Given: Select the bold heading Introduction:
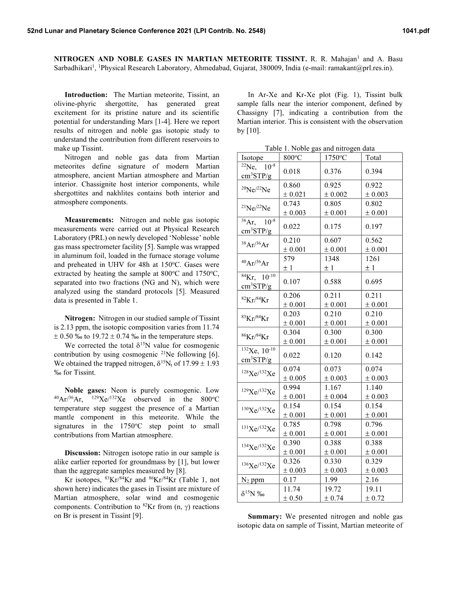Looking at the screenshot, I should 86,95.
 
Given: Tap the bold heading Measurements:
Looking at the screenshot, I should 89,220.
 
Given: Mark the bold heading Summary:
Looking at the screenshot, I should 264,516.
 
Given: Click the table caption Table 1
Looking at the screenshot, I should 320,148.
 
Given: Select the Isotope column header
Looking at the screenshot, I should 253,157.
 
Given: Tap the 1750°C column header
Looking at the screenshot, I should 335,157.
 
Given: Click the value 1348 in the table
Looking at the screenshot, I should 332,259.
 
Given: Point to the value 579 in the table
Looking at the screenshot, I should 289,259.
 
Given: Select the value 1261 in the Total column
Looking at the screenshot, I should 373,259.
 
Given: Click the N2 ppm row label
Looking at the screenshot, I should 253,480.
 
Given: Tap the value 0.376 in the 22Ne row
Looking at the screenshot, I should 333,171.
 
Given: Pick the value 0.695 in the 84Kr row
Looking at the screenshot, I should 374,282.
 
